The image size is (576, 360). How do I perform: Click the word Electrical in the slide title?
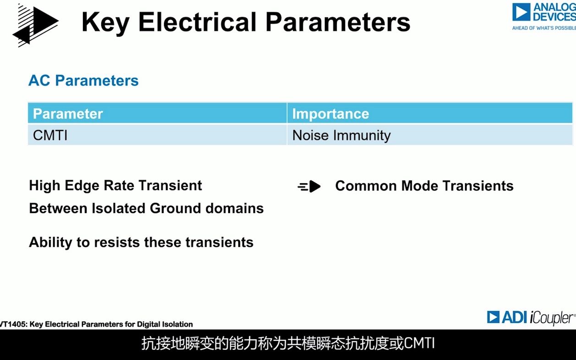[197, 22]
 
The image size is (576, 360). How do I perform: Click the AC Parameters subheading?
[83, 81]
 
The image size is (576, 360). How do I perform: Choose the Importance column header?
[331, 114]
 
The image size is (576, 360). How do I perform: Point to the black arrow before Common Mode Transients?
[309, 186]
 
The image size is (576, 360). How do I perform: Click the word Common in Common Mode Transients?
[366, 185]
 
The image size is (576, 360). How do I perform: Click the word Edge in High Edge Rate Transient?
[82, 186]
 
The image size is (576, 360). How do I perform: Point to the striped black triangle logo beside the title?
[35, 25]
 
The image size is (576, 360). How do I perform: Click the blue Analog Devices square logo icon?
[521, 12]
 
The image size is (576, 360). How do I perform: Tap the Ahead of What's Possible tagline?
[544, 28]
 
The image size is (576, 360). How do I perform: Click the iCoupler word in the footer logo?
[551, 318]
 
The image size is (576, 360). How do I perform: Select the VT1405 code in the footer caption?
[13, 324]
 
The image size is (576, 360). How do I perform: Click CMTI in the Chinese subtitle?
[419, 343]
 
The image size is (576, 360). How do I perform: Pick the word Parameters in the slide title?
[338, 22]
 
